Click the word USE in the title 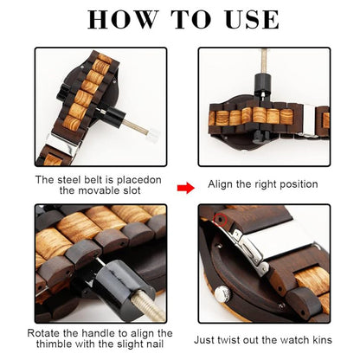(252, 19)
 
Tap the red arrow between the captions (186, 188)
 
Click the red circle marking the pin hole (220, 220)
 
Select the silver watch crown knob (223, 293)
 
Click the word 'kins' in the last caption (322, 339)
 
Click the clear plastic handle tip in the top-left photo (153, 135)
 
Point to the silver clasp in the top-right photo (309, 121)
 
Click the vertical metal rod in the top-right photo (264, 61)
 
